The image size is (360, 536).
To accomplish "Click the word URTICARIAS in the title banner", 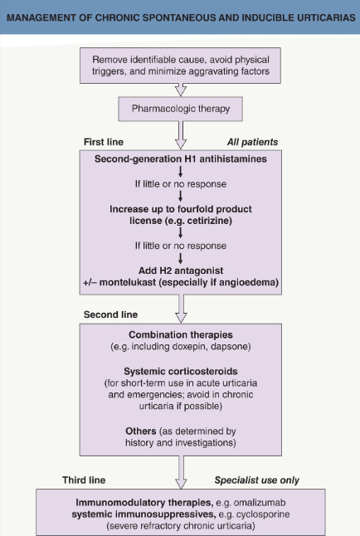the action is pyautogui.click(x=326, y=17).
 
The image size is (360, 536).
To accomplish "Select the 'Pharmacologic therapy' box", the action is pyautogui.click(x=181, y=109).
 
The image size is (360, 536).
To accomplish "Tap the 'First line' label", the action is pyautogui.click(x=104, y=142).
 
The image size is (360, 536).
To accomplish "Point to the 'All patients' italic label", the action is pyautogui.click(x=253, y=142).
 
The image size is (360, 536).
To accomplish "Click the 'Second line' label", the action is pyautogui.click(x=111, y=314).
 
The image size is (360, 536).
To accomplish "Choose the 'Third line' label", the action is pyautogui.click(x=84, y=480).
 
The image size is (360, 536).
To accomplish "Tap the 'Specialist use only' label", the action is pyautogui.click(x=257, y=480).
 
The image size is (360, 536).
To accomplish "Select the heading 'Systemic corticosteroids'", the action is pyautogui.click(x=181, y=371).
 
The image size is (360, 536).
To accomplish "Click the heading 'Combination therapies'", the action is pyautogui.click(x=181, y=334).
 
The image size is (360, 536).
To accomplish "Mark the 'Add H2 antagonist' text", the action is pyautogui.click(x=181, y=270).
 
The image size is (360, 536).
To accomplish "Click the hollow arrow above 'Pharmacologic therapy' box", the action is pyautogui.click(x=181, y=90).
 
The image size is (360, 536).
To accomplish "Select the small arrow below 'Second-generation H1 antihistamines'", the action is pyautogui.click(x=181, y=171).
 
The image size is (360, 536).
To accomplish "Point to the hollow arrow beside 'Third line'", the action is pyautogui.click(x=181, y=472).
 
